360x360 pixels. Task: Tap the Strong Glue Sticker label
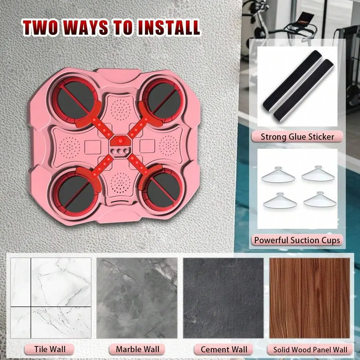click(297, 137)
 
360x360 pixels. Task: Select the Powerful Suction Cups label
click(297, 240)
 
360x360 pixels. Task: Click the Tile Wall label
click(50, 349)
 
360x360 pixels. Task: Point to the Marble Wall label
click(137, 349)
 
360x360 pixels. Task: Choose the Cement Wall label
click(224, 350)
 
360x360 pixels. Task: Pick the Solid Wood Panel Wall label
click(310, 350)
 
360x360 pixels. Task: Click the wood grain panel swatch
click(310, 298)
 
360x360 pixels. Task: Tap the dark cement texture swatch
click(223, 298)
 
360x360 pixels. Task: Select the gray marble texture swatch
click(137, 298)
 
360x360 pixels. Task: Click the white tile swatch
click(51, 298)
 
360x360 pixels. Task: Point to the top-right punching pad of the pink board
click(164, 100)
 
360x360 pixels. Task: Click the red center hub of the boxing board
click(120, 141)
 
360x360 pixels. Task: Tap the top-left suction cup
click(278, 175)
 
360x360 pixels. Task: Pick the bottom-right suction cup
click(320, 199)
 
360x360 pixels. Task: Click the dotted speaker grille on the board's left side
click(70, 147)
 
